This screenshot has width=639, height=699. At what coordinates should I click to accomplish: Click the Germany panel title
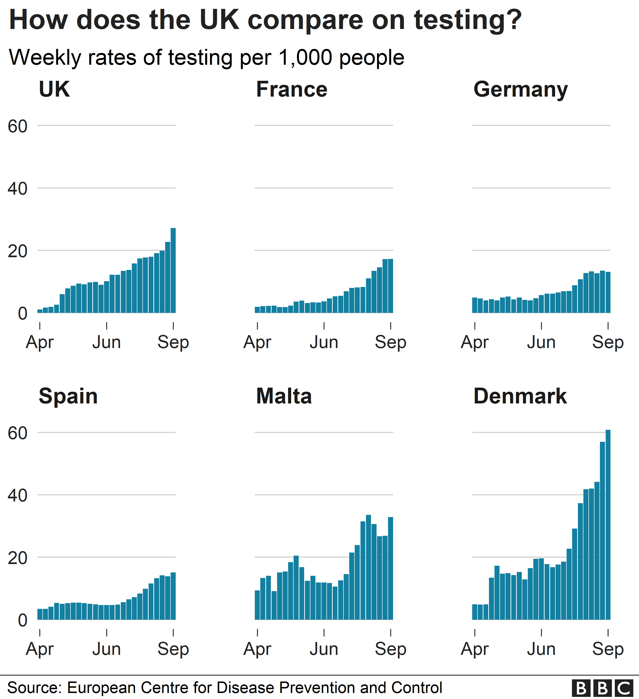point(520,89)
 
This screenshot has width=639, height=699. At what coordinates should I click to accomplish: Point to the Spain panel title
point(68,396)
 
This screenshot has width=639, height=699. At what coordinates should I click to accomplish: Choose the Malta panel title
point(284,396)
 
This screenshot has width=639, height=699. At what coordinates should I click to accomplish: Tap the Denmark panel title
point(520,396)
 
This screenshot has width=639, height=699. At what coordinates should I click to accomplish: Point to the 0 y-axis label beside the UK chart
point(23,314)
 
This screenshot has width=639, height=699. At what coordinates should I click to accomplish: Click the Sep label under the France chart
point(390,343)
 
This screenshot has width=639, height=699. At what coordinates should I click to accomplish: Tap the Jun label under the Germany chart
point(541,343)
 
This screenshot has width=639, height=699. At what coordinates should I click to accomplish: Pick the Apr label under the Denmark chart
point(475,649)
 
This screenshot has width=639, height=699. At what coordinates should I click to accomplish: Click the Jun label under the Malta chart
point(324,649)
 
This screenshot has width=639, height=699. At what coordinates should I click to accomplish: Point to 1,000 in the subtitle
point(305,58)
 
